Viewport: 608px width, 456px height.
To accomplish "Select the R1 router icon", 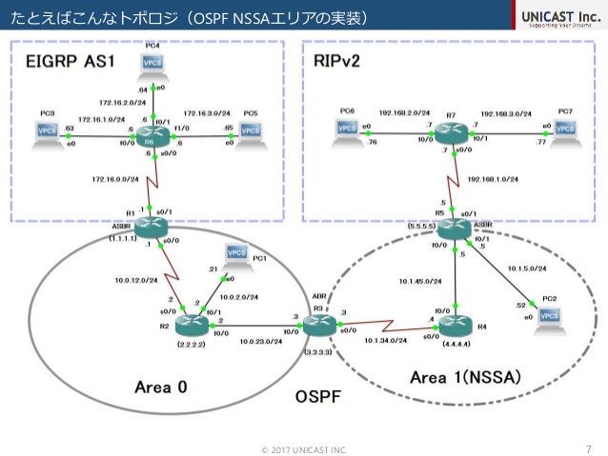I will click(x=151, y=225).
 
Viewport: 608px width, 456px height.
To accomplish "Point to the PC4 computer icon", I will click(x=151, y=62).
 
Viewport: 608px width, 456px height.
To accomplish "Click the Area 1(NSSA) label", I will click(x=464, y=377).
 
